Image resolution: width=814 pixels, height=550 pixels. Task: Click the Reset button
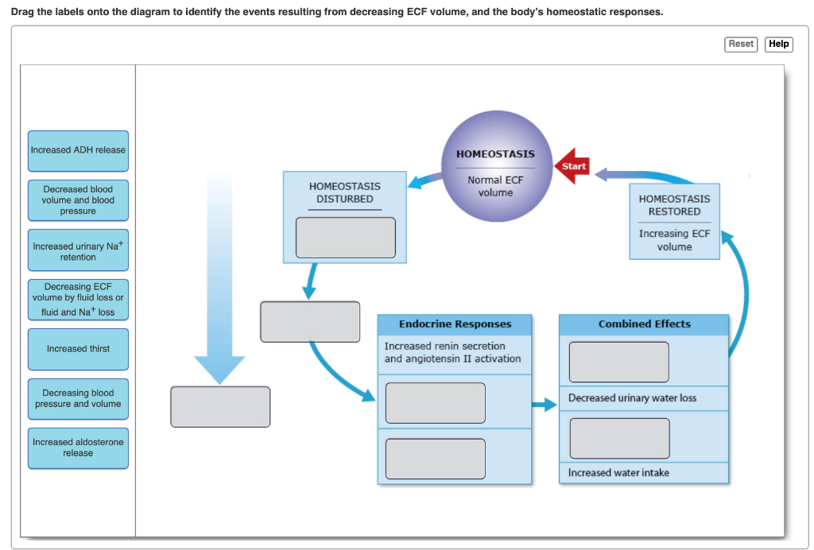click(741, 45)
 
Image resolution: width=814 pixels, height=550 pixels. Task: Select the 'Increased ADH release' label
click(78, 151)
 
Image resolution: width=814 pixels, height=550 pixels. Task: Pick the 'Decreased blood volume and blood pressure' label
click(78, 200)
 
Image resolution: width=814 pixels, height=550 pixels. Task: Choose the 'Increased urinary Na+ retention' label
click(78, 251)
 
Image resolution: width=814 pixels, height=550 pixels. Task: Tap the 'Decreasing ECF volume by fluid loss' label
click(78, 300)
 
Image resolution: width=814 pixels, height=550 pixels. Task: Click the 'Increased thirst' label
click(78, 349)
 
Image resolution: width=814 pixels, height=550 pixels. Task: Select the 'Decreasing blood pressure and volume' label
click(78, 399)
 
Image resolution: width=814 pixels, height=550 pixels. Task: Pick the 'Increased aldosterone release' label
click(78, 447)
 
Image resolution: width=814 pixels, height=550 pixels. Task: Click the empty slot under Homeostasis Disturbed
click(345, 238)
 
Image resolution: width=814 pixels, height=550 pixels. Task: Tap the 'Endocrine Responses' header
click(455, 324)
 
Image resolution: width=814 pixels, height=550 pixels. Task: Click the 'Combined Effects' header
click(644, 324)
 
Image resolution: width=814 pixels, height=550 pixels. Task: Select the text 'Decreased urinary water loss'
click(632, 397)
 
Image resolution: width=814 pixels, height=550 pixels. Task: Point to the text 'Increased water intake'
click(618, 473)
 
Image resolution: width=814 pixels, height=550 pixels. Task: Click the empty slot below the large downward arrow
click(220, 407)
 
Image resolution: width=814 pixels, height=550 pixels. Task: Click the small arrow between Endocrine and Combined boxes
click(545, 405)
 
